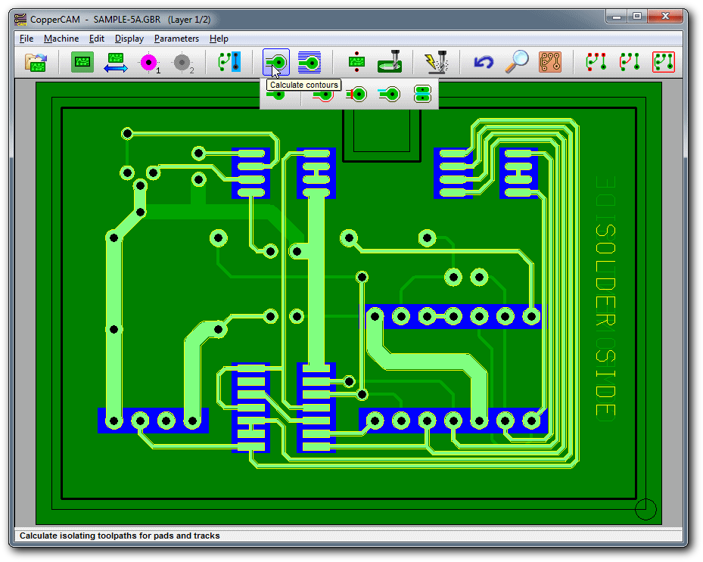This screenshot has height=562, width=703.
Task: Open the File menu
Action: tap(26, 39)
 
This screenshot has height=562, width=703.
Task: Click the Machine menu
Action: tap(61, 39)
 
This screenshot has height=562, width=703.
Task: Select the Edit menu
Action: tap(96, 39)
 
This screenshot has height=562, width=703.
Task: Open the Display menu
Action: tap(129, 39)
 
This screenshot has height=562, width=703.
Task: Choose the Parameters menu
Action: tap(176, 39)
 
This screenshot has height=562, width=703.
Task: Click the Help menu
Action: tap(219, 39)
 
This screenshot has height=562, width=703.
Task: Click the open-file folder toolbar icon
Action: tap(36, 62)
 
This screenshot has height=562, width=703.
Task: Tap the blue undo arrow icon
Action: tap(484, 62)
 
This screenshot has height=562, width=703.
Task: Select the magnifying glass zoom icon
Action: tap(517, 62)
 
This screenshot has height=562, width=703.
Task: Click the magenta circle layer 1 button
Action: tap(149, 62)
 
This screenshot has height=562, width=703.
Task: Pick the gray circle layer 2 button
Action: tap(182, 63)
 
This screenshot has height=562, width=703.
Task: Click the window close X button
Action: tap(665, 17)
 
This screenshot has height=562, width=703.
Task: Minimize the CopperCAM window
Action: tap(617, 17)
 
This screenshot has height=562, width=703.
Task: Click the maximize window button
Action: tap(637, 17)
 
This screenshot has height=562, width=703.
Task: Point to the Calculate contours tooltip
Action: tap(304, 85)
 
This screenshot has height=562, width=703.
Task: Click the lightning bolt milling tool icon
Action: tap(436, 62)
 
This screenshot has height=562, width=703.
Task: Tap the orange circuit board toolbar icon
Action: tap(550, 62)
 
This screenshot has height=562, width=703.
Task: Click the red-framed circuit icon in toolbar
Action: tap(664, 62)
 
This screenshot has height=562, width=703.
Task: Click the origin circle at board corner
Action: tap(645, 509)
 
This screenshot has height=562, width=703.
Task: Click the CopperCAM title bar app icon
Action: tap(20, 20)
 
